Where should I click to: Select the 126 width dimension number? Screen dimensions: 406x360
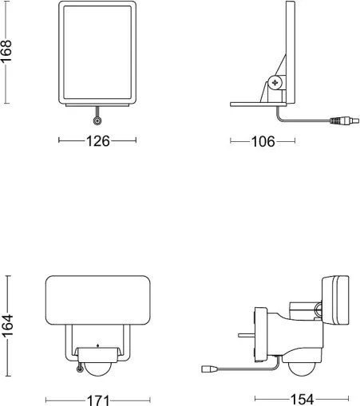pyautogui.click(x=98, y=141)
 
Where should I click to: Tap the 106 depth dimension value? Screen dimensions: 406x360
pyautogui.click(x=263, y=142)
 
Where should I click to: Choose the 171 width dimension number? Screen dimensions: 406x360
pyautogui.click(x=97, y=399)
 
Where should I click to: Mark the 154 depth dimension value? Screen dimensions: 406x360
pyautogui.click(x=300, y=399)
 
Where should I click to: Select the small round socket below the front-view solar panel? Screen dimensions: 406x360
pyautogui.click(x=97, y=120)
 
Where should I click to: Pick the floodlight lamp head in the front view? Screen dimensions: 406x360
pyautogui.click(x=97, y=301)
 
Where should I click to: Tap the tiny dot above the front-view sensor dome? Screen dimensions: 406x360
pyautogui.click(x=97, y=345)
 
